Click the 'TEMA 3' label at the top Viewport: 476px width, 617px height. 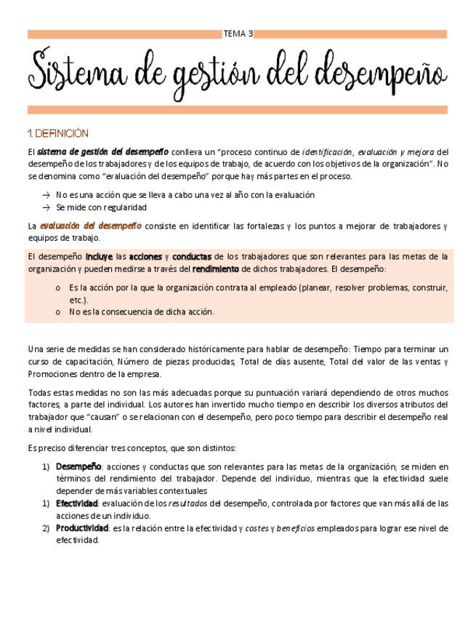coord(238,33)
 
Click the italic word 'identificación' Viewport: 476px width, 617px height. coord(326,152)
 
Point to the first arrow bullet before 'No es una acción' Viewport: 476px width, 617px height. coord(47,195)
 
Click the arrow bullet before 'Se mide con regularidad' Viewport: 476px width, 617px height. coord(47,207)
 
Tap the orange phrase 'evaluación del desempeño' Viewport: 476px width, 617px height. coord(91,226)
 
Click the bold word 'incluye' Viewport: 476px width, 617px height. coord(99,256)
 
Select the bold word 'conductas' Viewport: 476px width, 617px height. coord(192,256)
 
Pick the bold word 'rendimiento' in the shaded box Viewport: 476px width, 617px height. coord(215,268)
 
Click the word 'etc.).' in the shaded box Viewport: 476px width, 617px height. coord(79,300)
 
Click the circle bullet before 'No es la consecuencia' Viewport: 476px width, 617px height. coord(57,312)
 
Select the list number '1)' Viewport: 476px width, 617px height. coord(46,466)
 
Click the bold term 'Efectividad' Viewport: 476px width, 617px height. coord(77,503)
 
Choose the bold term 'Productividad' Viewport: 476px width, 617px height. coord(82,528)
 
